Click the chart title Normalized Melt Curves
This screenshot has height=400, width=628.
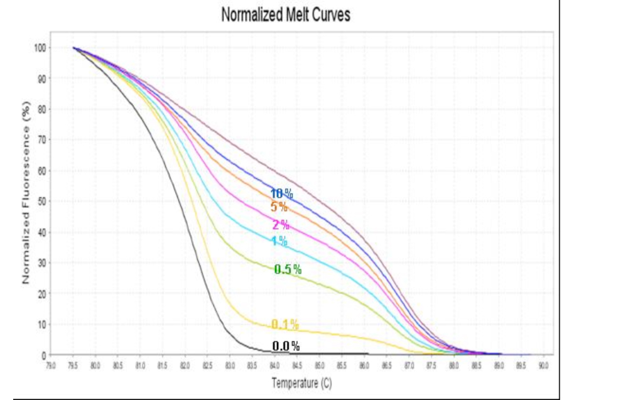tap(286, 16)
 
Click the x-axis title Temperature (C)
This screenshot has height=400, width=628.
tap(301, 383)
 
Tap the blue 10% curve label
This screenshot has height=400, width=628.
tap(281, 194)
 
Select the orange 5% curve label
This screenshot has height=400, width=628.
tap(279, 207)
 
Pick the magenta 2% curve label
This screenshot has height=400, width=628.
tap(280, 225)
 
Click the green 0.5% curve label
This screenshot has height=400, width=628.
tap(288, 269)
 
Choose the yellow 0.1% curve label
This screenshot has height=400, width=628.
tap(285, 325)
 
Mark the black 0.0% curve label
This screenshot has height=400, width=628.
tap(286, 346)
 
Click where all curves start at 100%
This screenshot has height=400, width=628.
tap(73, 48)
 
